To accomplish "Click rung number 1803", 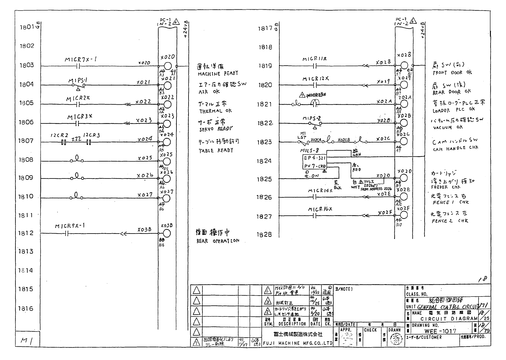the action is tap(27, 65).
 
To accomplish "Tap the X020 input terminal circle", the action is tap(167, 66).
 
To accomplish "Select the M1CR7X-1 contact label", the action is tap(81, 60).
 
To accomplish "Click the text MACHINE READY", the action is tap(218, 74).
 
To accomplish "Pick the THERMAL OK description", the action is tap(215, 111).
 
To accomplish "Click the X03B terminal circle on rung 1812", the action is tap(167, 234).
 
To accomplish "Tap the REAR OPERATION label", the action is tap(218, 241).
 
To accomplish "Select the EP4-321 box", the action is tap(315, 158).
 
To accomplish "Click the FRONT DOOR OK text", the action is tap(452, 73).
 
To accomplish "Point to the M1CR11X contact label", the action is tap(314, 59).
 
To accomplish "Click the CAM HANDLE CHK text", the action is tap(455, 149).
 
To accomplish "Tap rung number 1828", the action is tap(264, 235).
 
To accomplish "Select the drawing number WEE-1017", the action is tap(440, 331).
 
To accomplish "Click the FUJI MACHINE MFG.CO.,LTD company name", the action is tap(298, 343).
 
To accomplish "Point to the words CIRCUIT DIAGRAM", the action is tap(449, 319).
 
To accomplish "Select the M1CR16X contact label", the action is tap(320, 209).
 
